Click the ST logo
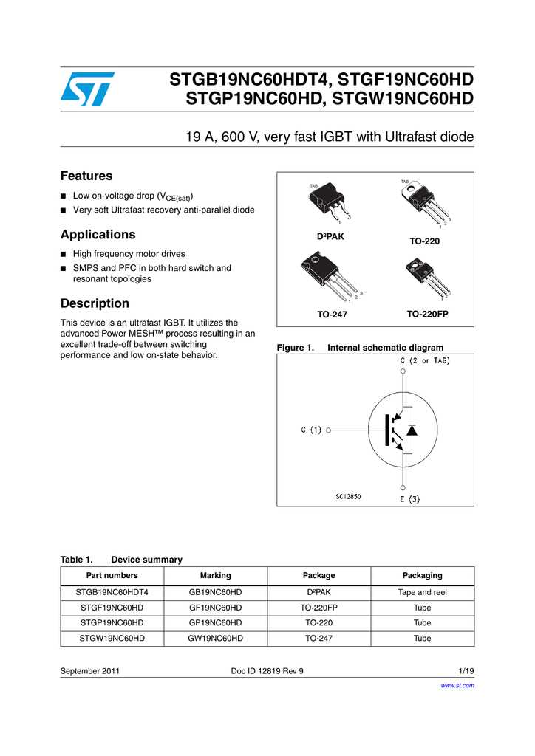(87, 89)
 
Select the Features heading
(86, 176)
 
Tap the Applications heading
(98, 235)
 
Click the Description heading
(95, 303)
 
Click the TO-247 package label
(332, 315)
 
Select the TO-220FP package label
(427, 314)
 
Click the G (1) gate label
(310, 430)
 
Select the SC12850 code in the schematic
(348, 496)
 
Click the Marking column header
(215, 575)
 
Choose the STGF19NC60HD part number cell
(112, 608)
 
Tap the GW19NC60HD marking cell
(215, 638)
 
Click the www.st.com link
(457, 685)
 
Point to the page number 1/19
(466, 671)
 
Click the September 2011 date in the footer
(90, 671)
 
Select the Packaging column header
(422, 575)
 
